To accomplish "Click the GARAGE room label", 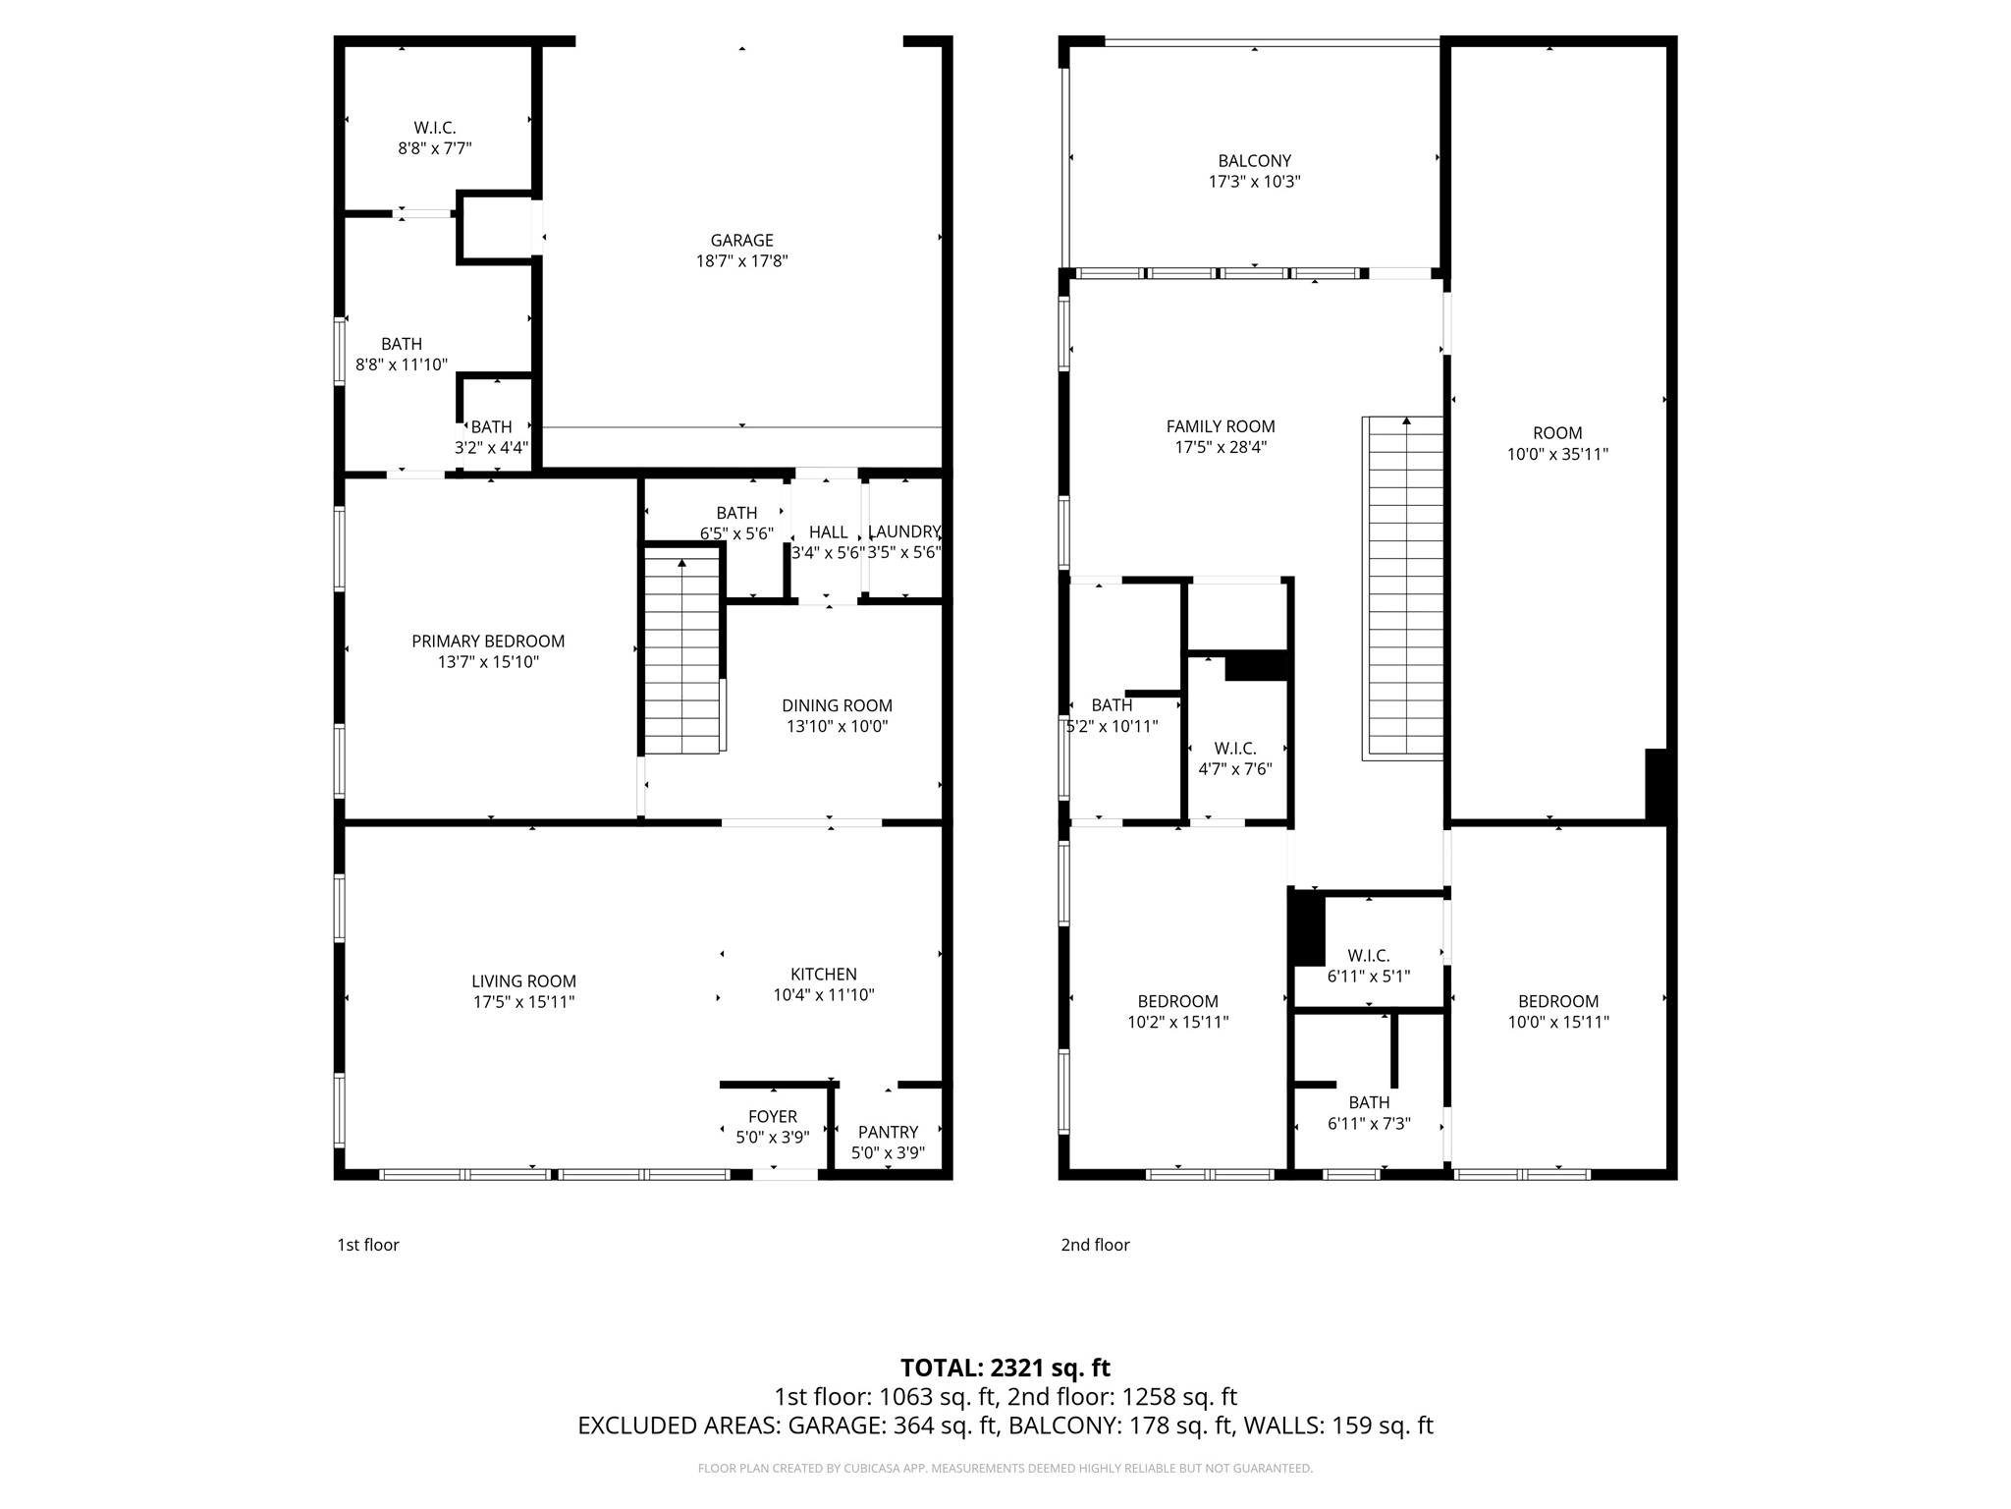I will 741,241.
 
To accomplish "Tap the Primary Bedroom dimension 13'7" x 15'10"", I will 488,662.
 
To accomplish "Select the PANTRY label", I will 888,1132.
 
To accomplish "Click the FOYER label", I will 773,1116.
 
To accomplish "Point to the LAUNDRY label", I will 904,531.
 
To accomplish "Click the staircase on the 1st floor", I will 682,653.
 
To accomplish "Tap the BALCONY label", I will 1254,161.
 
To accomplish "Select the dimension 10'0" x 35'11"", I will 1557,454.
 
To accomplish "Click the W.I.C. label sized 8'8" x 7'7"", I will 434,128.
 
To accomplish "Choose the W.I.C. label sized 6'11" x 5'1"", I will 1368,955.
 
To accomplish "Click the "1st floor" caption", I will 368,1245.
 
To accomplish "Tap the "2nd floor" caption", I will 1095,1245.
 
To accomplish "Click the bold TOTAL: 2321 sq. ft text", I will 1005,1368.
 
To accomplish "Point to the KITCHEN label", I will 823,974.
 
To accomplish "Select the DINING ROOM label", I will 837,705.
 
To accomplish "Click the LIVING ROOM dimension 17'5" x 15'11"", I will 523,1002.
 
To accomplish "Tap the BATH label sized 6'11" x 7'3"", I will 1368,1102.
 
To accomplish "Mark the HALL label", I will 828,531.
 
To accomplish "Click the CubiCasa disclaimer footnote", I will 1005,1469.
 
